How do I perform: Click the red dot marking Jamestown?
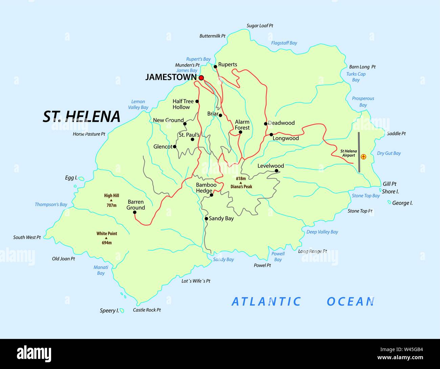201,78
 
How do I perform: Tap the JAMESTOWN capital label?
171,77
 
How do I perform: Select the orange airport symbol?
363,157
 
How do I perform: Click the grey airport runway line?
359,152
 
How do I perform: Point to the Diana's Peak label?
241,187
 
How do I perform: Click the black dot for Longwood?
271,134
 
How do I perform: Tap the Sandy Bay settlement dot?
206,219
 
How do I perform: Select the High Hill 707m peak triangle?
111,200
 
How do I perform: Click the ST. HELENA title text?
82,117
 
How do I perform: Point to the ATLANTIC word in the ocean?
266,301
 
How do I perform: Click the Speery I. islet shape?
122,311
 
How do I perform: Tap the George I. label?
402,203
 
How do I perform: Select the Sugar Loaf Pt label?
260,26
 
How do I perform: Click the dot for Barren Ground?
134,213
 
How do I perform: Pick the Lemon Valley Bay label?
138,104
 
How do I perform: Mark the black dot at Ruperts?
215,67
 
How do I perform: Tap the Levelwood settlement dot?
277,171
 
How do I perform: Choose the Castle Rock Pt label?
147,310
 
